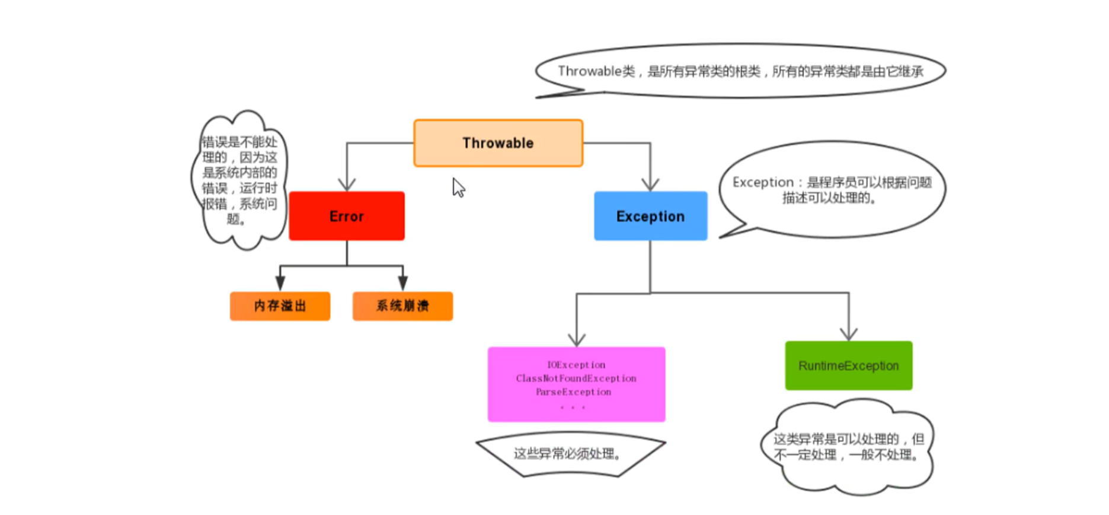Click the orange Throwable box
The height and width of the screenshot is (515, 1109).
498,143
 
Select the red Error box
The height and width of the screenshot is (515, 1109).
347,216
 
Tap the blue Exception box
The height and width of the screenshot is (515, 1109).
650,216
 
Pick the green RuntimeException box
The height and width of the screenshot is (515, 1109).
848,365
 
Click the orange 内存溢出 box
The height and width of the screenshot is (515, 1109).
280,306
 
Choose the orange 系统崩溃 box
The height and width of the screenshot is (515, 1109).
402,306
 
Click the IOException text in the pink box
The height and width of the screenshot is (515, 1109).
576,365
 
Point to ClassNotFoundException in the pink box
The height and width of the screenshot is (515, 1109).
576,379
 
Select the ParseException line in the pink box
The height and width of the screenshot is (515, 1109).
573,392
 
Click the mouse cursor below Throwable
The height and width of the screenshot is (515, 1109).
458,187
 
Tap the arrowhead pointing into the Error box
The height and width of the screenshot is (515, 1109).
347,184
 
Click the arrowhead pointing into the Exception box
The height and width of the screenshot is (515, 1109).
650,184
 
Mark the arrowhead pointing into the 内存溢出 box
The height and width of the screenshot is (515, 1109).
280,283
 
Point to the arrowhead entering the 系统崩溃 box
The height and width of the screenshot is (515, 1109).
403,283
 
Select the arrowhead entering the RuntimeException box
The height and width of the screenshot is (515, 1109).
849,333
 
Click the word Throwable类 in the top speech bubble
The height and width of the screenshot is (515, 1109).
596,71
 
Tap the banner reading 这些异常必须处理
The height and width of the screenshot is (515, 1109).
569,454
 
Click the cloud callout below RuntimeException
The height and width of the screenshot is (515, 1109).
848,447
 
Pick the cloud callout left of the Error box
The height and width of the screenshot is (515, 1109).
239,180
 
